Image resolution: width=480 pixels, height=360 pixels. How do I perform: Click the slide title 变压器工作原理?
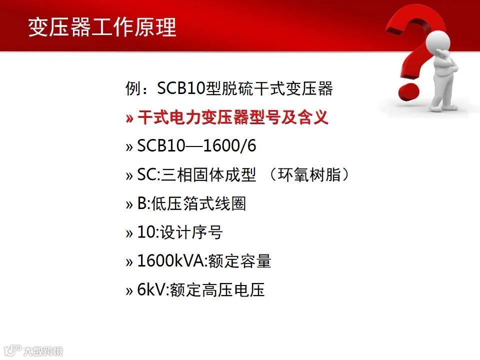(102, 27)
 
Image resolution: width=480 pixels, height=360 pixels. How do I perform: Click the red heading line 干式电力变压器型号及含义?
(233, 118)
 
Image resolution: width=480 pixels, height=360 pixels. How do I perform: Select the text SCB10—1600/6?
(197, 146)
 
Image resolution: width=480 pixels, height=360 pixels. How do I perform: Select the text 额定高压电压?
(217, 289)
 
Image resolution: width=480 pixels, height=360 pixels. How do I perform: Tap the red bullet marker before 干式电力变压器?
(129, 119)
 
